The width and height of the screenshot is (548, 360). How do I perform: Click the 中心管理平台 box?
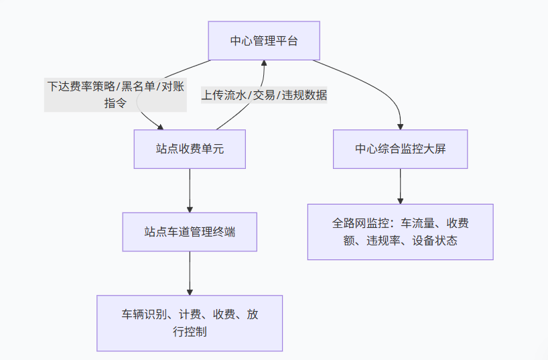pos(263,40)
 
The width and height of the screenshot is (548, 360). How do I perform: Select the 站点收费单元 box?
pos(190,149)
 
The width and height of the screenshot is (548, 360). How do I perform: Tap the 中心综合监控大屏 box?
pos(400,149)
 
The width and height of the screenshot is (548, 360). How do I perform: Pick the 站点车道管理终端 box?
pos(190,232)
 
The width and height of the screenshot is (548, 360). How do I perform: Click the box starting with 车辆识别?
pos(190,322)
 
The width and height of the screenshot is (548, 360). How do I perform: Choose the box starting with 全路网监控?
pos(400,231)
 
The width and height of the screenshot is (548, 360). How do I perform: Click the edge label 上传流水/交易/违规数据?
pos(264,95)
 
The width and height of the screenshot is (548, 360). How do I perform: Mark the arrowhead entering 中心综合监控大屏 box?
pos(401,125)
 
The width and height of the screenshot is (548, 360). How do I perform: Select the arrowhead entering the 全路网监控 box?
pos(401,200)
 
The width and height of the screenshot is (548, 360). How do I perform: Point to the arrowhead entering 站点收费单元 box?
pos(159,127)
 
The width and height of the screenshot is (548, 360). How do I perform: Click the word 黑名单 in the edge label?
pos(137,86)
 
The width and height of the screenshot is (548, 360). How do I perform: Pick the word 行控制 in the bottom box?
pos(190,331)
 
